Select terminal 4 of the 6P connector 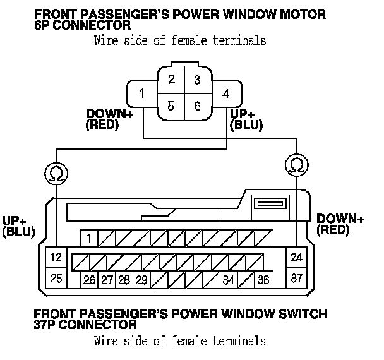pyautogui.click(x=225, y=95)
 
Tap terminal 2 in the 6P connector pyautogui.click(x=171, y=80)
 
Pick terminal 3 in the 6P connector pyautogui.click(x=197, y=80)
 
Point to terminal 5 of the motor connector pyautogui.click(x=171, y=105)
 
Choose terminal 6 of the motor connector pyautogui.click(x=197, y=105)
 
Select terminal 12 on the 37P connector pyautogui.click(x=57, y=258)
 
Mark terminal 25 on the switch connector pyautogui.click(x=57, y=278)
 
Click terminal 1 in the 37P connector pyautogui.click(x=90, y=238)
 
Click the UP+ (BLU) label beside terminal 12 pyautogui.click(x=18, y=226)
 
